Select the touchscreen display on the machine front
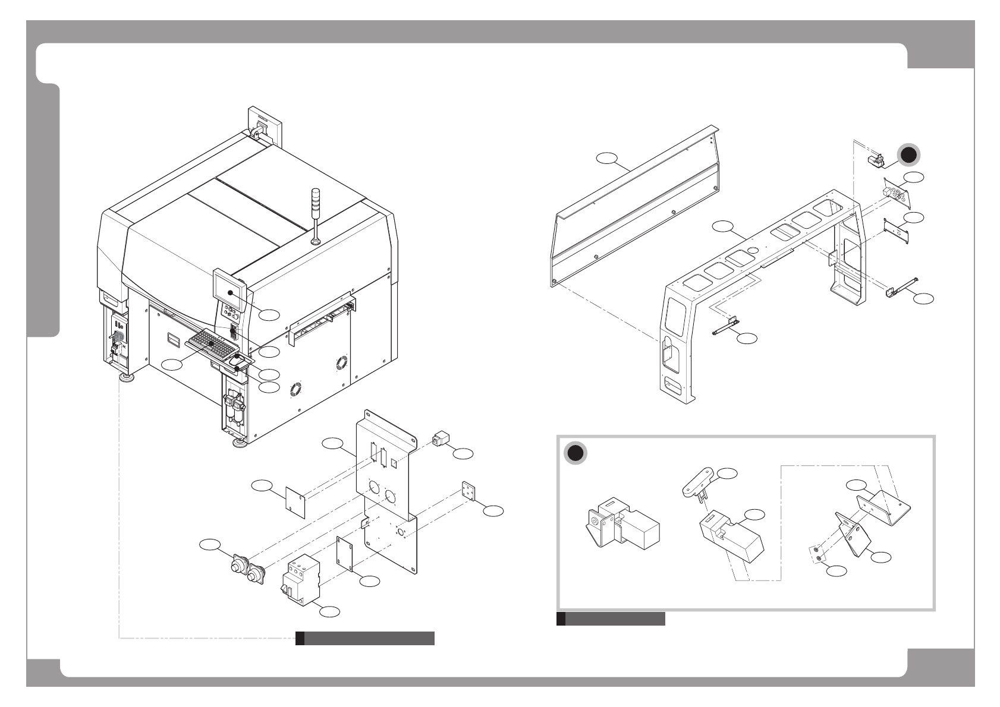click(x=229, y=291)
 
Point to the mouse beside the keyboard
click(x=237, y=359)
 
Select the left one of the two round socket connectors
click(x=237, y=567)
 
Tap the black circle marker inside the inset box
click(x=574, y=453)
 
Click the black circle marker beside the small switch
click(x=907, y=155)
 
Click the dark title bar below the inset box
click(x=611, y=619)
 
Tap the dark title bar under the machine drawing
click(x=365, y=639)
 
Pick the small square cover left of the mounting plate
click(x=295, y=502)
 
